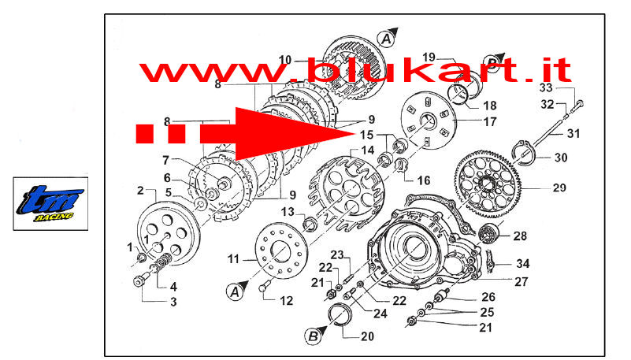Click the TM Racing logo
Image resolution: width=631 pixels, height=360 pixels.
pos(50,203)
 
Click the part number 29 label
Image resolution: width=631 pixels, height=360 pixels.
pos(559,187)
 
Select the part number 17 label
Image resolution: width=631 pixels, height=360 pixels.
pos(490,121)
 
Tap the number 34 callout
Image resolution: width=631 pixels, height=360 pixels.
pos(523,263)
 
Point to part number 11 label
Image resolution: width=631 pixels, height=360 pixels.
pos(233,258)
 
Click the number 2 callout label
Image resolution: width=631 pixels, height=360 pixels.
pos(140,191)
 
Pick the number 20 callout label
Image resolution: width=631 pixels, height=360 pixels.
pos(367,336)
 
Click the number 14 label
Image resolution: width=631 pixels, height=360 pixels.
pos(367,150)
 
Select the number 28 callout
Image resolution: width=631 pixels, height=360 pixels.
pos(520,236)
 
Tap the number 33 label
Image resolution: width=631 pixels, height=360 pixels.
pos(546,87)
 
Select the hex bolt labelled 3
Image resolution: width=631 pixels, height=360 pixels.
pos(140,280)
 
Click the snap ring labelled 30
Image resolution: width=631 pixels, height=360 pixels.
pos(522,153)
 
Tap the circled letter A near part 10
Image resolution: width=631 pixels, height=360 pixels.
pos(386,39)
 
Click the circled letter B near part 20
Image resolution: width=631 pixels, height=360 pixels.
pos(313,336)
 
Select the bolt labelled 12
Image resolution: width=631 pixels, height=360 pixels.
pos(264,288)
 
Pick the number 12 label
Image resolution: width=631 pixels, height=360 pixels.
pos(286,300)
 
